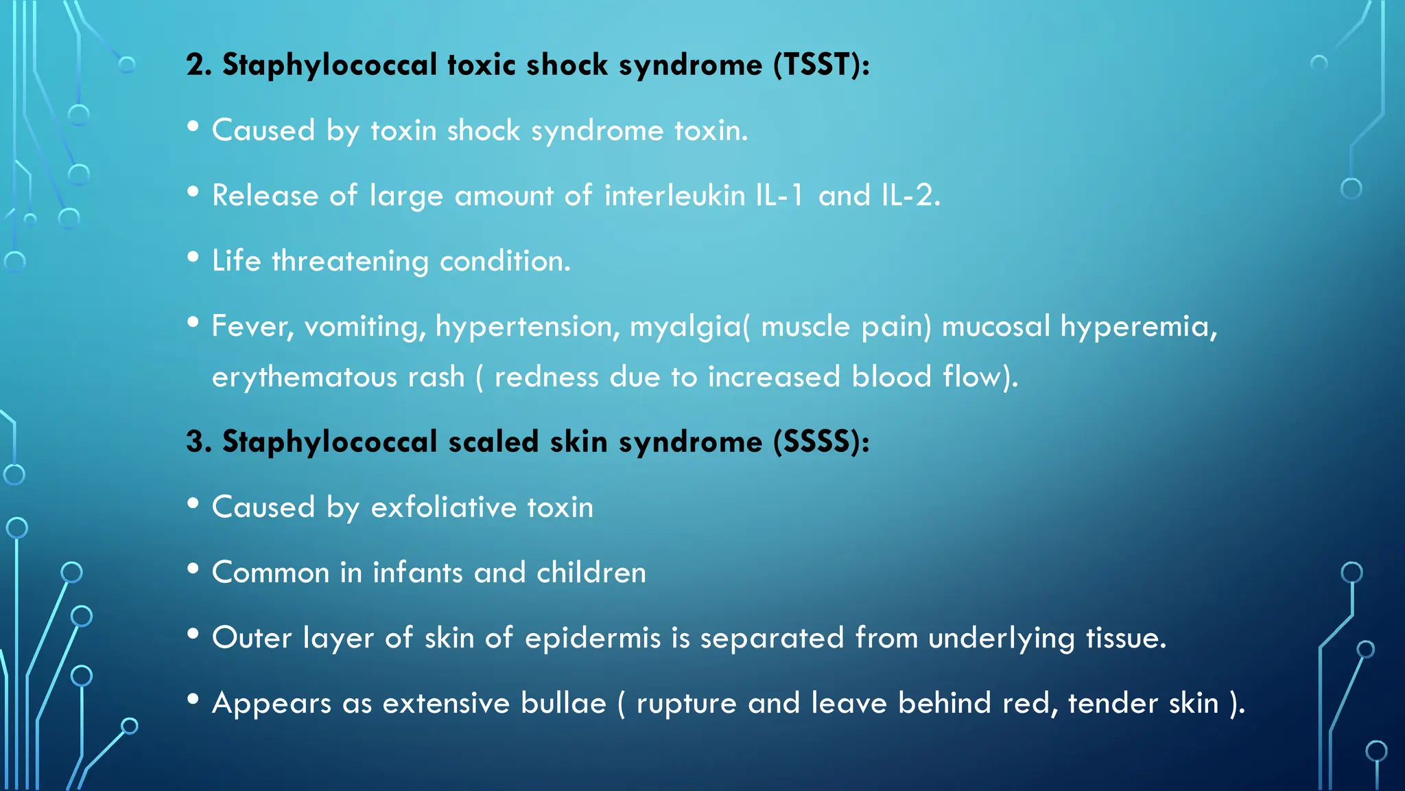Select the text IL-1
pyautogui.click(x=779, y=196)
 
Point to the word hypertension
pyautogui.click(x=528, y=327)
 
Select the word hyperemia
pyautogui.click(x=1138, y=327)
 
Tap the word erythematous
pyautogui.click(x=305, y=378)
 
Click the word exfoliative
pyautogui.click(x=444, y=507)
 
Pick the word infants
pyautogui.click(x=418, y=573)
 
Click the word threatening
pyautogui.click(x=350, y=262)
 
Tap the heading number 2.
pyautogui.click(x=198, y=65)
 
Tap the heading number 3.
pyautogui.click(x=198, y=442)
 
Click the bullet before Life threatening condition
pyautogui.click(x=193, y=257)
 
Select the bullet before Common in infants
pyautogui.click(x=193, y=569)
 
